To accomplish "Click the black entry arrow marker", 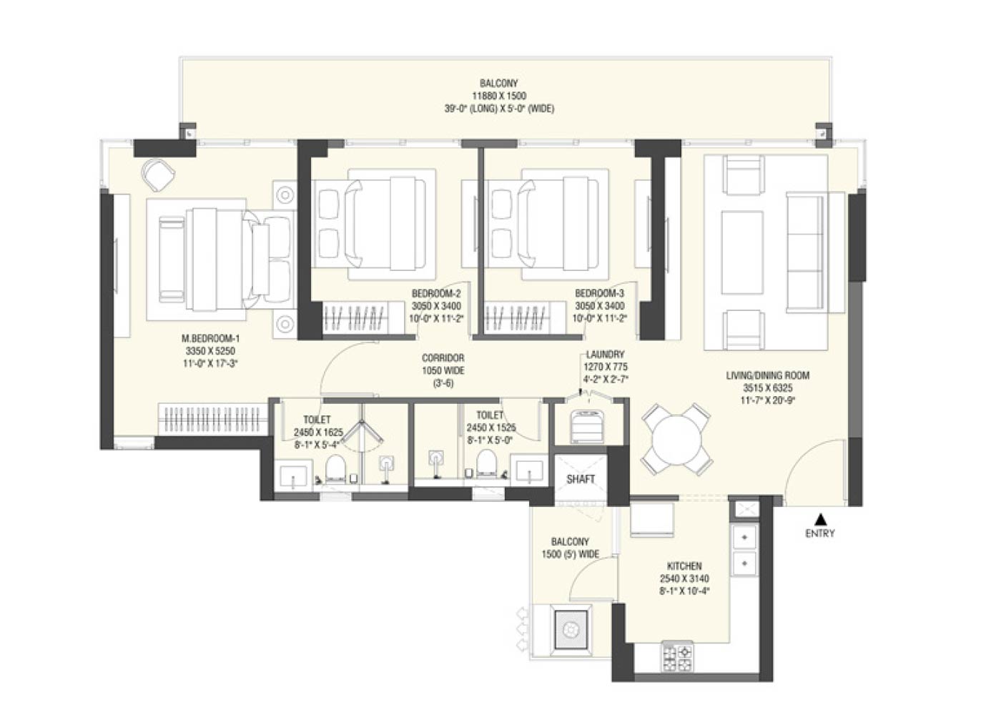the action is tap(819, 519).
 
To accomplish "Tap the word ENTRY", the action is tap(820, 533).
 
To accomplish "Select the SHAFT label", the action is tap(581, 479).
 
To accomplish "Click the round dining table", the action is tap(676, 439).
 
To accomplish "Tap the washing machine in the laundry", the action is tap(587, 426).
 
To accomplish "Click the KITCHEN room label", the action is tap(684, 566).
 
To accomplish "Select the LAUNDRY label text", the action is tap(605, 355).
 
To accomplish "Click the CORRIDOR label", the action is tap(443, 358).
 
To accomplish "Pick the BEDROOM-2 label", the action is tap(436, 294).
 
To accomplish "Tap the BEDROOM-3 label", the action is tap(599, 294).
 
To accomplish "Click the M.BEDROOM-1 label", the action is tap(210, 338).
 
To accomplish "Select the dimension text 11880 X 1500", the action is tap(499, 96).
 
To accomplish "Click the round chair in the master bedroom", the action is tap(157, 174).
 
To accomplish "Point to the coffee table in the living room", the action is tap(742, 252).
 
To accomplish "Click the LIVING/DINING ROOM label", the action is tap(768, 376).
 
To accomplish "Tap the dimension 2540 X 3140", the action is tap(684, 578).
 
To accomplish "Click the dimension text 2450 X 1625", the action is tap(318, 432).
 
